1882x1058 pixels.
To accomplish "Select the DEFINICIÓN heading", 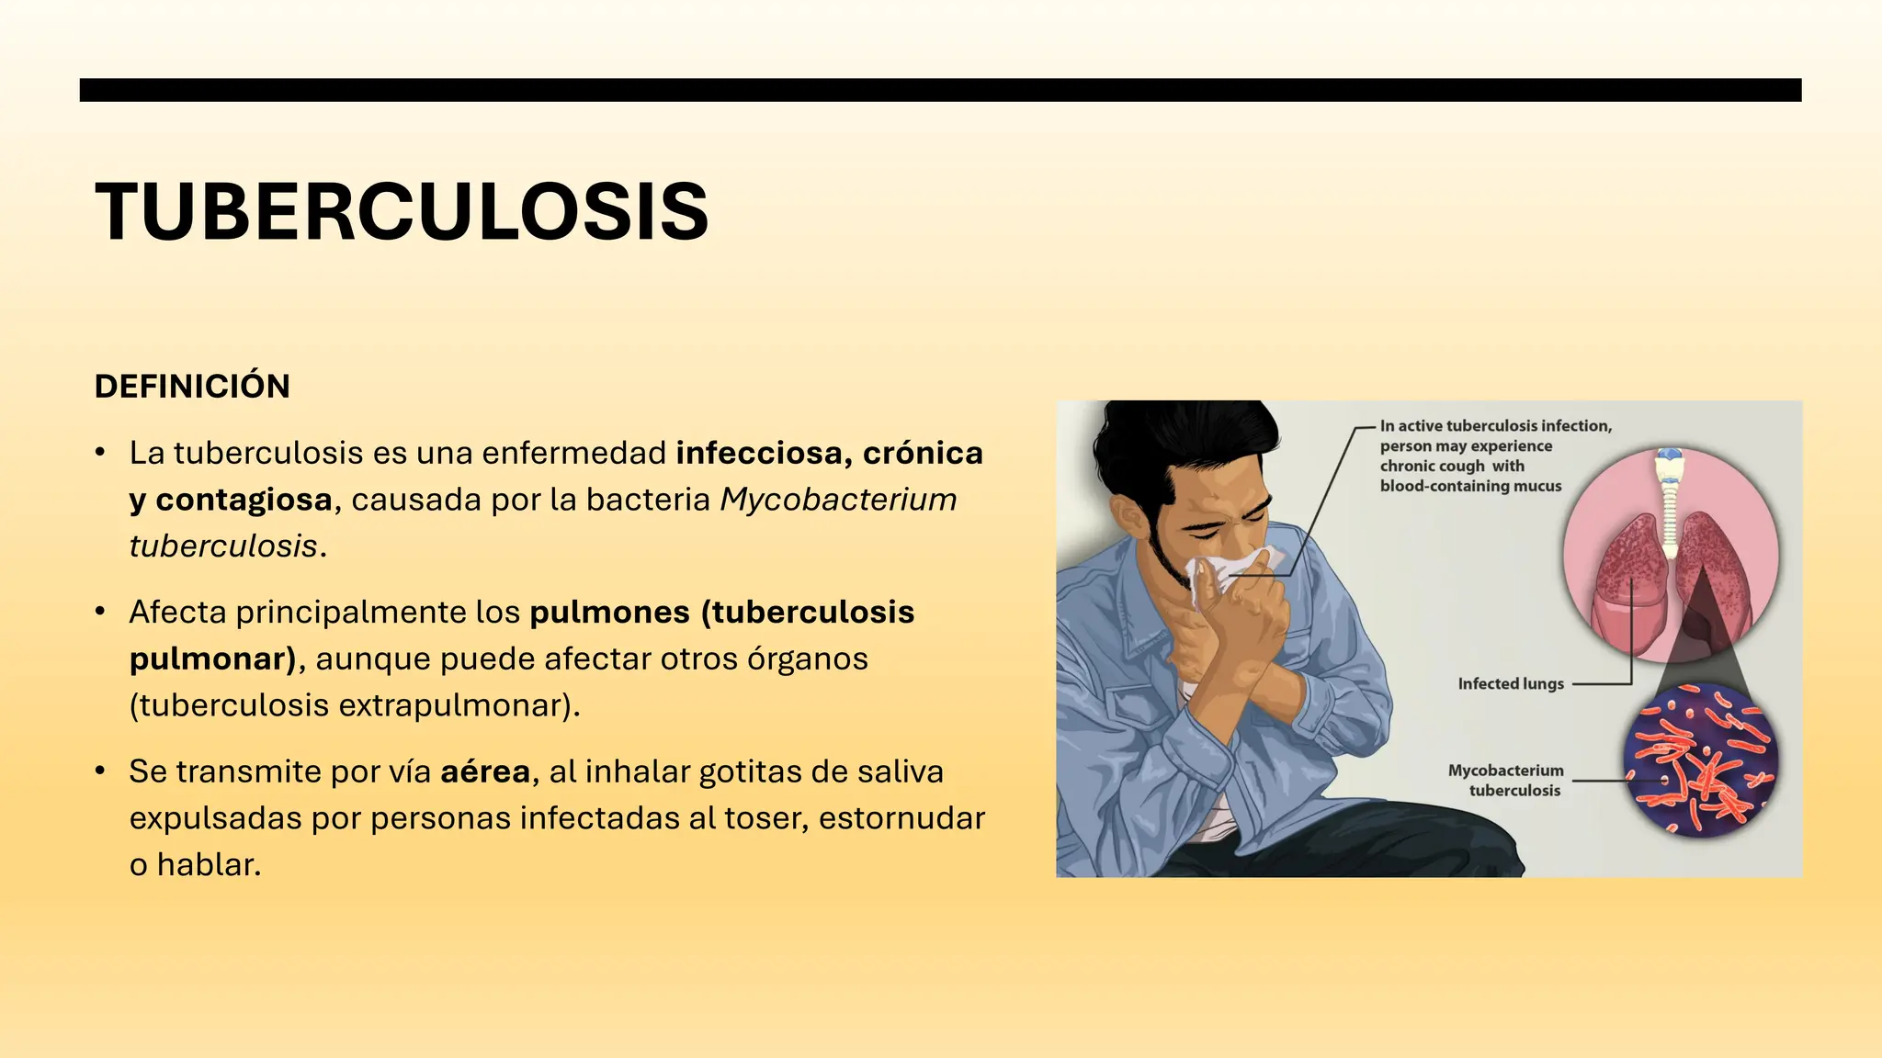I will click(x=192, y=387).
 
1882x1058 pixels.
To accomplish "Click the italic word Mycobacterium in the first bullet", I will click(x=838, y=500).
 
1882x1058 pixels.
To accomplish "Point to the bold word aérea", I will click(x=485, y=771).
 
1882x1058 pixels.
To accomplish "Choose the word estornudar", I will click(x=901, y=818).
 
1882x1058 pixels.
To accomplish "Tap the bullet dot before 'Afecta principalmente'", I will click(x=100, y=612).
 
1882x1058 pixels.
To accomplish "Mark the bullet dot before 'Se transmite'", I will click(x=100, y=771).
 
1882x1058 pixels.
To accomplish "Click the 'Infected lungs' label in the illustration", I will click(x=1510, y=684).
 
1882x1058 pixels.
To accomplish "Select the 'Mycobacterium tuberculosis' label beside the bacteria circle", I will click(x=1506, y=781).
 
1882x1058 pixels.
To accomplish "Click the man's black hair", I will click(x=1185, y=441).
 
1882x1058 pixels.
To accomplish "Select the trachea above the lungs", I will click(x=1670, y=501).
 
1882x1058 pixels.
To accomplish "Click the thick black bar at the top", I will click(x=940, y=90).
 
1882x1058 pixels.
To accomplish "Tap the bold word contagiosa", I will click(x=244, y=500).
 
